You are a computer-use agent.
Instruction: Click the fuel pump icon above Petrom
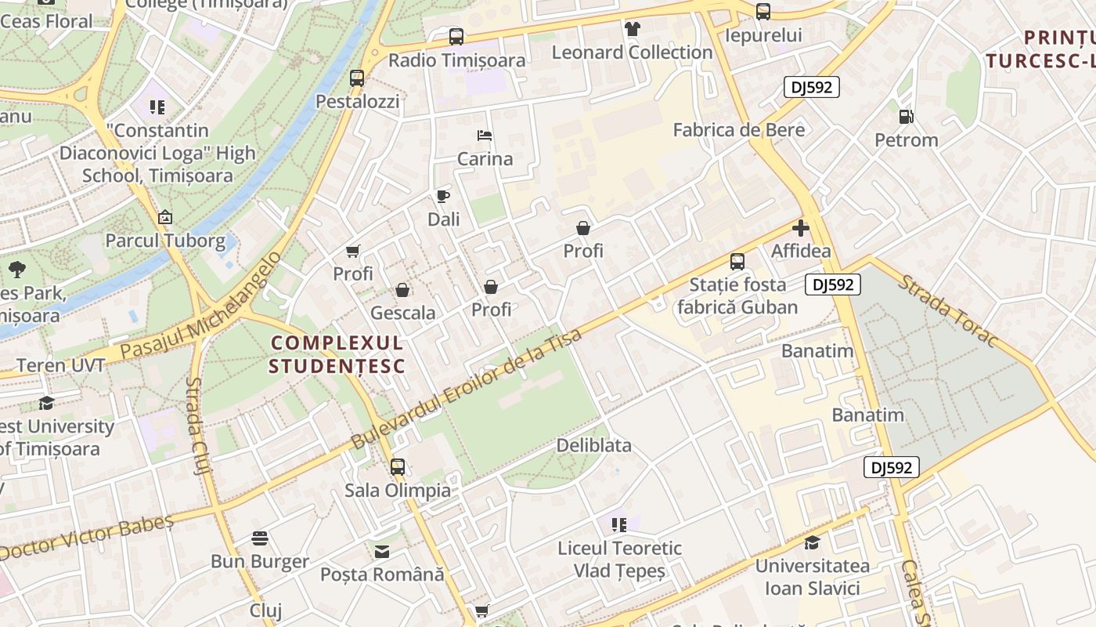click(x=906, y=117)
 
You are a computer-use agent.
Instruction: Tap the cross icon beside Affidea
click(x=800, y=228)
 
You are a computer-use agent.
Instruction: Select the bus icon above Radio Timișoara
click(x=456, y=36)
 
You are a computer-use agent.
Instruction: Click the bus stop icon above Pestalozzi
click(x=357, y=78)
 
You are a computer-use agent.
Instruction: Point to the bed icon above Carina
click(x=485, y=136)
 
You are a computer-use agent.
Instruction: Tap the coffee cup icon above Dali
click(x=443, y=196)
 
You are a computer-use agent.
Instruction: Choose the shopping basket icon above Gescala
click(x=402, y=290)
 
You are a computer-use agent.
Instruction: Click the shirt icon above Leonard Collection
click(x=633, y=29)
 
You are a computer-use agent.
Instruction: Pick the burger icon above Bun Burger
click(x=260, y=538)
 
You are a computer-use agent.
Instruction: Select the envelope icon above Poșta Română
click(x=381, y=552)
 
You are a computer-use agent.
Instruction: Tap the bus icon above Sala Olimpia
click(x=398, y=467)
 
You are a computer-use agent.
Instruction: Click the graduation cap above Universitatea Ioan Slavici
click(x=812, y=542)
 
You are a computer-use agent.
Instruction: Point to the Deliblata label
click(x=593, y=445)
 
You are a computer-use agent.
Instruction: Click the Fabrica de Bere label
click(x=738, y=130)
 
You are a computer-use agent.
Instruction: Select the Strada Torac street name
click(x=947, y=310)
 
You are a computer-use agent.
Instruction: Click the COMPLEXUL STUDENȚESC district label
click(x=337, y=354)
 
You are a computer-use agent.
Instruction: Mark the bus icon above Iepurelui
click(x=763, y=12)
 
